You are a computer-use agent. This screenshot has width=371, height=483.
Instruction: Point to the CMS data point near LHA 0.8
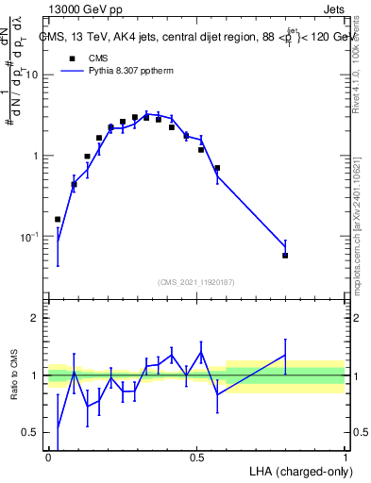tap(285, 256)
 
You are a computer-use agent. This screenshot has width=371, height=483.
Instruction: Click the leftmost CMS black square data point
tap(58, 219)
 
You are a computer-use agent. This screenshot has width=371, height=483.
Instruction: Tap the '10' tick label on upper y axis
tap(33, 75)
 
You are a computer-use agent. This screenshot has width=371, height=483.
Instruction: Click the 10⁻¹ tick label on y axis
tap(30, 236)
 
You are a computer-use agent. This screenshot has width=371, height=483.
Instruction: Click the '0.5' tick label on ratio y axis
tap(30, 433)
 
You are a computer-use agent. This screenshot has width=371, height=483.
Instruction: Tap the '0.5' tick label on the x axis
tap(196, 457)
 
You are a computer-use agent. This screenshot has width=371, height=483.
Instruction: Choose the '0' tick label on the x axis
tap(48, 457)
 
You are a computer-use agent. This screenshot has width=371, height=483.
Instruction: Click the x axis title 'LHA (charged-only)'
tap(298, 471)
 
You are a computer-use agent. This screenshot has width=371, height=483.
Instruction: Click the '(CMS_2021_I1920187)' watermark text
tap(196, 280)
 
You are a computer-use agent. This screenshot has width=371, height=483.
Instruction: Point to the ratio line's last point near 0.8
tap(285, 355)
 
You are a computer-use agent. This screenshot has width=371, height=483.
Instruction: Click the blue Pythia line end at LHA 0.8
tap(285, 247)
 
